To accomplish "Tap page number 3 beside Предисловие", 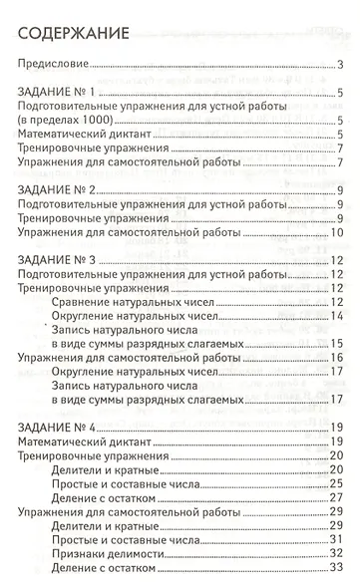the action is point(340,67).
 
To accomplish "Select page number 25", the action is point(337,481).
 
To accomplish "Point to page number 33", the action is point(337,566).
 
